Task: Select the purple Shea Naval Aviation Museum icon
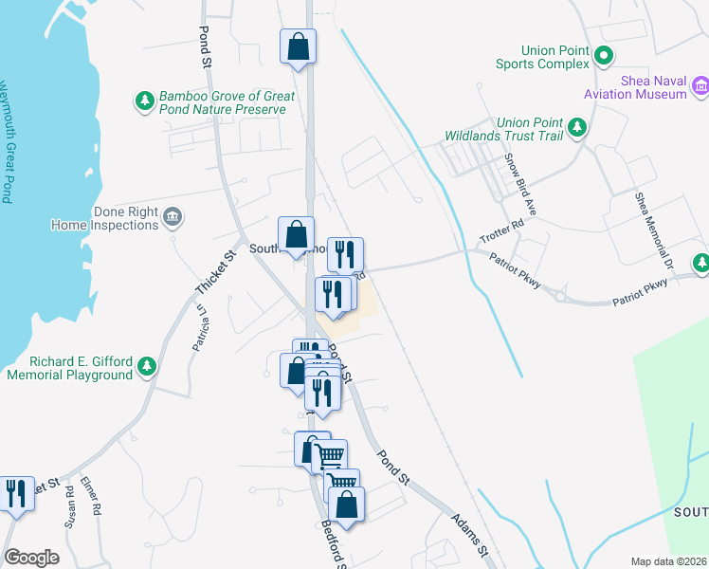coord(700,87)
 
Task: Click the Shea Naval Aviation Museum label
coord(653,87)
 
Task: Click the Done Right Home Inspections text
coord(105,219)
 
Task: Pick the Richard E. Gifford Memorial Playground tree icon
coord(146,367)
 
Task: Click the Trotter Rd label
coord(501,232)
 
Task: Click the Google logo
coord(31,557)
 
